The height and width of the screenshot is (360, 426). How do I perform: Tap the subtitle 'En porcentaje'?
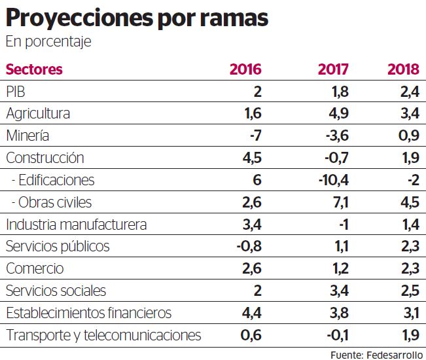[x=48, y=42]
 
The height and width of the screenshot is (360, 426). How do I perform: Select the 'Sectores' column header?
[x=34, y=69]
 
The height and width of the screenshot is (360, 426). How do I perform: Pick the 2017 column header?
[x=333, y=69]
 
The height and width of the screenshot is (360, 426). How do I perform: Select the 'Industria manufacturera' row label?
[x=76, y=225]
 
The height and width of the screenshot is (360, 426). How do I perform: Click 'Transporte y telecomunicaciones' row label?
[x=103, y=336]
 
